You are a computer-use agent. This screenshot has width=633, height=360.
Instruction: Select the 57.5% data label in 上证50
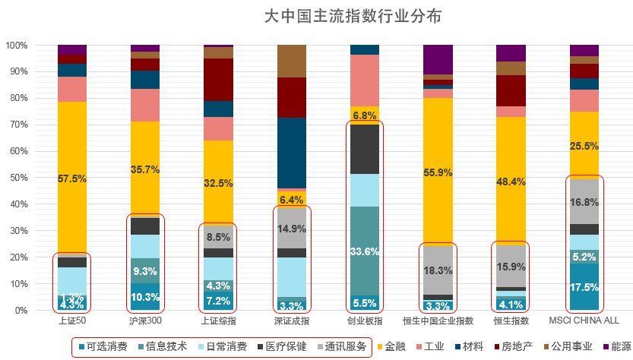[x=72, y=178]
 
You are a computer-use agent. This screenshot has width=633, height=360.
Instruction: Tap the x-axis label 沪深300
[x=145, y=322]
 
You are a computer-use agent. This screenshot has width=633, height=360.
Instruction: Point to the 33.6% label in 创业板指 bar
[x=365, y=251]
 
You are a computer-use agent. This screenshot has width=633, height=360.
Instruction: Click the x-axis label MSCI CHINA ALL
[x=584, y=322]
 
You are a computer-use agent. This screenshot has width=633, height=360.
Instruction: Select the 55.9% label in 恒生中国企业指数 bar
[x=438, y=172]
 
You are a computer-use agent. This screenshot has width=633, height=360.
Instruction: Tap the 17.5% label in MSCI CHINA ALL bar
[x=584, y=287]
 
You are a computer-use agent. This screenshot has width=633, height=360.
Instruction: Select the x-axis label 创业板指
[x=365, y=322]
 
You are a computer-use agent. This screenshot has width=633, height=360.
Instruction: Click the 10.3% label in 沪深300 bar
[x=145, y=297]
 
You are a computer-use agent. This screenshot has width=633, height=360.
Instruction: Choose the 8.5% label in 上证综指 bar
[x=218, y=237]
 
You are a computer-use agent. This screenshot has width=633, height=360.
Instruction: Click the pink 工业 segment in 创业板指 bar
[x=365, y=80]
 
